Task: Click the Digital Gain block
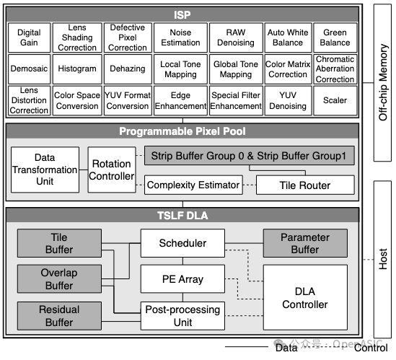point(29,38)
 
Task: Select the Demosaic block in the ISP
point(29,69)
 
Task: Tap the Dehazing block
point(128,69)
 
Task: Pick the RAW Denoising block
point(236,38)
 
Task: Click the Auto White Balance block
point(288,38)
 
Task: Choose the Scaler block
point(335,101)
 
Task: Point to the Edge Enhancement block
point(180,101)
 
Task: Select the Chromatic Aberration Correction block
point(335,69)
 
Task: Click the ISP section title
point(182,14)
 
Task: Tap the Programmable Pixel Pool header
point(182,132)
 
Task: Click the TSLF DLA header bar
point(182,215)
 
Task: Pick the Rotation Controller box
point(112,170)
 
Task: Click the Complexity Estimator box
point(193,185)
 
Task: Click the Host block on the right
point(383,260)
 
